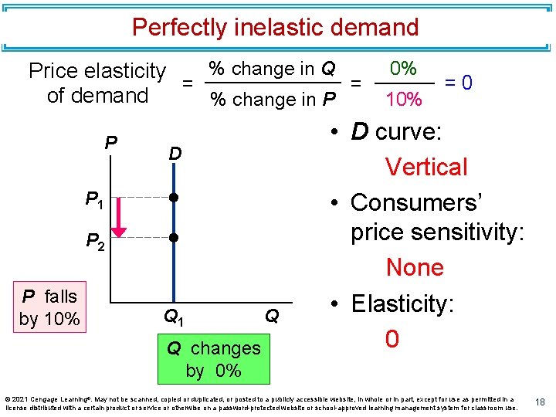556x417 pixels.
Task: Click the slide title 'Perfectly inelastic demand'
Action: coord(275,28)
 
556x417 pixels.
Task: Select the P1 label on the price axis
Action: coord(95,201)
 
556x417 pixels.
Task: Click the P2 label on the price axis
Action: coord(95,242)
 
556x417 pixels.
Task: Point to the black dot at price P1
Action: coord(175,198)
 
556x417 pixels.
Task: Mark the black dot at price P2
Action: coord(175,238)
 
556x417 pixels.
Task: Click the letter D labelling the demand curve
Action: coord(175,154)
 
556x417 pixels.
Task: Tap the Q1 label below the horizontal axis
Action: coord(175,316)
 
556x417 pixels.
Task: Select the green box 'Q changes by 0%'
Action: coord(214,359)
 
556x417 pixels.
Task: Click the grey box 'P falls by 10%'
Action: coord(49,307)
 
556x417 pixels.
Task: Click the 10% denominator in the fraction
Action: coord(403,100)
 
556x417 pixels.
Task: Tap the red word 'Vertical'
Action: coord(426,167)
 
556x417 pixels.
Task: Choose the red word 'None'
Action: coord(415,268)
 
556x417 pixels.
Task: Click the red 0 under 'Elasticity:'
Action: coord(392,339)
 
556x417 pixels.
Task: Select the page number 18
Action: coord(540,402)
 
